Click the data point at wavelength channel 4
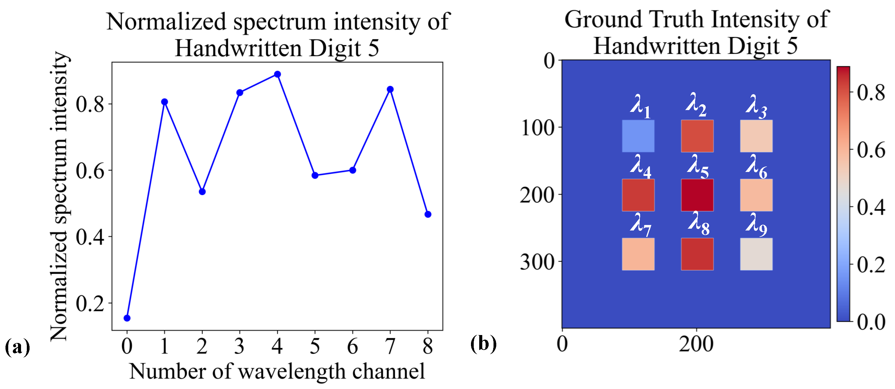[x=277, y=74]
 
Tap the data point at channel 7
[x=390, y=90]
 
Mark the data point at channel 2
[x=202, y=192]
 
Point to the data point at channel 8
[x=428, y=215]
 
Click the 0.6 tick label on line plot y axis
[x=90, y=171]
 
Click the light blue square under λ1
[x=638, y=136]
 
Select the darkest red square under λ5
[x=697, y=195]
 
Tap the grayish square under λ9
[x=756, y=254]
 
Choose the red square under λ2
[x=697, y=136]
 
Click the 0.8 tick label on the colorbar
[x=871, y=93]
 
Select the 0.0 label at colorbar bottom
[x=871, y=322]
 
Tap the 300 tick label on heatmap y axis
[x=537, y=262]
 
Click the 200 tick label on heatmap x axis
[x=696, y=344]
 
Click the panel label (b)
[x=483, y=344]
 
